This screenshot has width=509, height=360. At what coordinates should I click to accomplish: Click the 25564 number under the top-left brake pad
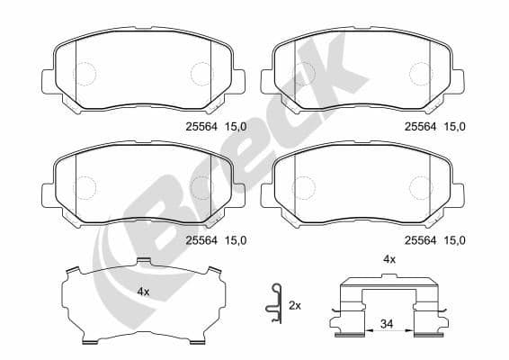tap(201, 127)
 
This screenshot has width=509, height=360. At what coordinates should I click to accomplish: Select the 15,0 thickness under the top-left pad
tap(235, 127)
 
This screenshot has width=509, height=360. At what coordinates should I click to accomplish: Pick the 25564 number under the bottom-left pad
tap(201, 239)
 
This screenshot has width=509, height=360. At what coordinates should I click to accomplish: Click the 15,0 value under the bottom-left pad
tap(235, 239)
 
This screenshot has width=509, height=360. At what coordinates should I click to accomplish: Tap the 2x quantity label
tap(294, 306)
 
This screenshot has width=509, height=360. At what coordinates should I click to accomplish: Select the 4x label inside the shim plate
tap(143, 292)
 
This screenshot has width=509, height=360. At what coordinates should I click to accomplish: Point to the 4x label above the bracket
tap(389, 259)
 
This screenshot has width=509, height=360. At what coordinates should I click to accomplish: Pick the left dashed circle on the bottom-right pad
tap(305, 186)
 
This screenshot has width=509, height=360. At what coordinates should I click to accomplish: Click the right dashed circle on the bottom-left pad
tap(201, 186)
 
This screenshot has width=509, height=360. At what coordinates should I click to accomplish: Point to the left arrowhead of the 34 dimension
tap(345, 332)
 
